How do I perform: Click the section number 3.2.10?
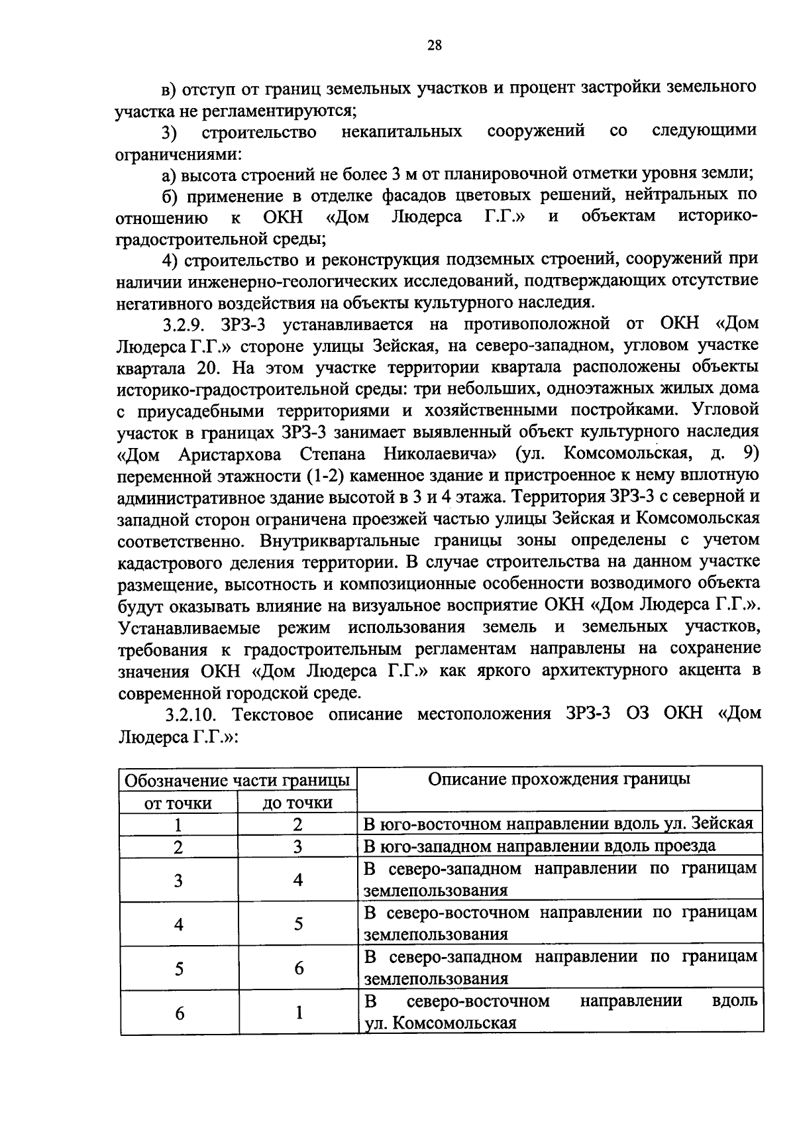[x=192, y=714]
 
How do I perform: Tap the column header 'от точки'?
[x=178, y=803]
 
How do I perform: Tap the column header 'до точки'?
[x=297, y=803]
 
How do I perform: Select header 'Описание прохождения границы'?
[x=559, y=779]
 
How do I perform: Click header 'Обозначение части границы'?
[x=237, y=781]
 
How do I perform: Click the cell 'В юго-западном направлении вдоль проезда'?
[x=540, y=846]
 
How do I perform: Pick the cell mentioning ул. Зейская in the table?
[x=558, y=824]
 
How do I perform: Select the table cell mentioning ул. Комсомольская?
[x=560, y=1012]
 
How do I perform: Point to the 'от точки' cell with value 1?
[x=179, y=824]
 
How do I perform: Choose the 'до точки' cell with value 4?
[x=298, y=880]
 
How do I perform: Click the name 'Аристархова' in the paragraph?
[x=229, y=455]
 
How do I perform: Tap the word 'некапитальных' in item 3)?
[x=401, y=132]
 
